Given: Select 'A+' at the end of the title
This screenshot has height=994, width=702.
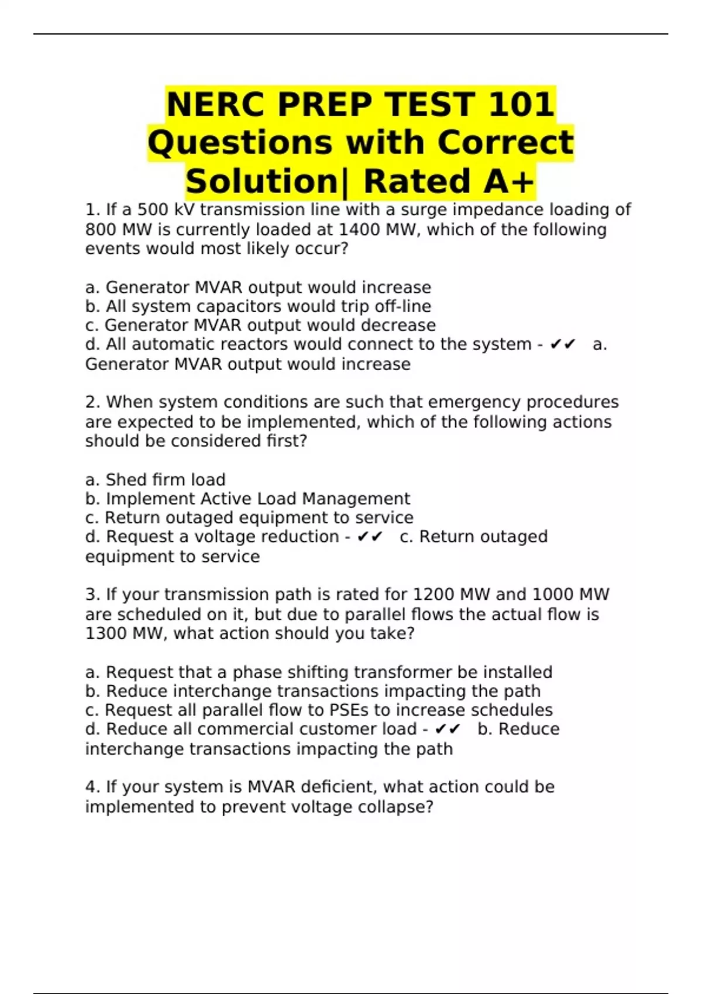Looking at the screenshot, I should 508,181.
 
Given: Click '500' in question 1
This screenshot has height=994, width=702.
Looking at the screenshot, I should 153,210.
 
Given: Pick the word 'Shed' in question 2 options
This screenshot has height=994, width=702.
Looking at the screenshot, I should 126,480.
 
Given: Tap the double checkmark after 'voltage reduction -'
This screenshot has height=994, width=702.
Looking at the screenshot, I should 370,537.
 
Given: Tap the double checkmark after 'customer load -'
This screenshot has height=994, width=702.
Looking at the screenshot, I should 448,729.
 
